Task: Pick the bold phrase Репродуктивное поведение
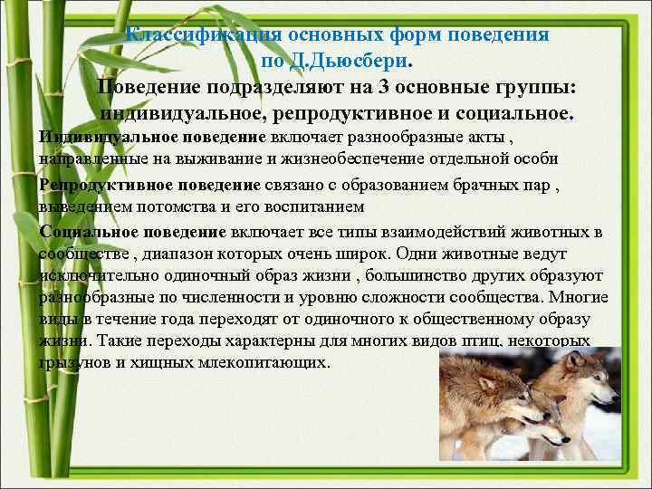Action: click(x=150, y=186)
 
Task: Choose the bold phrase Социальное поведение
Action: click(x=133, y=232)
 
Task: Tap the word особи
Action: click(x=562, y=158)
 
